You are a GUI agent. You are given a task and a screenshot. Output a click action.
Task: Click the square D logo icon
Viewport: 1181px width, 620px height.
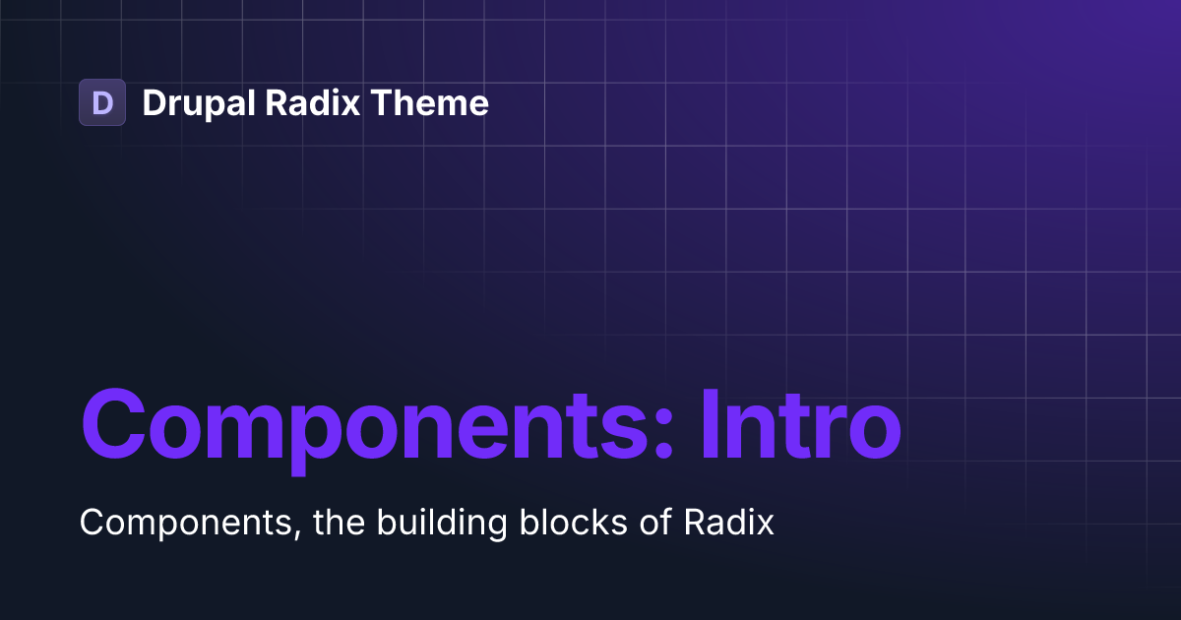[x=102, y=102]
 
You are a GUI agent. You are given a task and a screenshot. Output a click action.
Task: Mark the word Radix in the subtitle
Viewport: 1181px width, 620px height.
[x=728, y=522]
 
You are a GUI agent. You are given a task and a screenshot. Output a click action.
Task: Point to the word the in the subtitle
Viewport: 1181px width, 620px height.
[x=341, y=522]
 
